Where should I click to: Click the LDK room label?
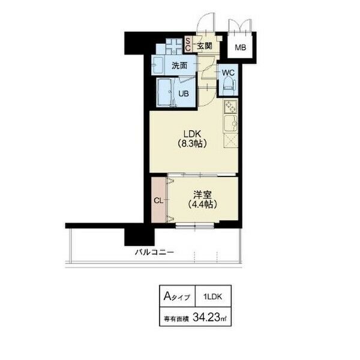[x=192, y=134]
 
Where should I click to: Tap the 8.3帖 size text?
[x=192, y=144]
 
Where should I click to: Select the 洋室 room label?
[x=202, y=195]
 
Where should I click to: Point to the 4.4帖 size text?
[x=202, y=205]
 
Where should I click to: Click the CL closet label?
[x=158, y=200]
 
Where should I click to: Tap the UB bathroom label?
[x=184, y=94]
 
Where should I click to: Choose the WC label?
[x=228, y=73]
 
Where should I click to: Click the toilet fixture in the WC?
[x=229, y=86]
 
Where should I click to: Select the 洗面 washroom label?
[x=179, y=66]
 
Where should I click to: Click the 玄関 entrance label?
[x=205, y=46]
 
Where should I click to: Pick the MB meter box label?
[x=241, y=47]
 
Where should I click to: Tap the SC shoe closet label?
[x=188, y=44]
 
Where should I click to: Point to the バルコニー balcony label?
[x=154, y=253]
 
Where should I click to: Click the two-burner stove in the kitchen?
[x=231, y=107]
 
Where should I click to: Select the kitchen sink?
[x=231, y=124]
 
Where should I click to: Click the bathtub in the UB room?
[x=165, y=92]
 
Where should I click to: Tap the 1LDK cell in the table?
[x=212, y=296]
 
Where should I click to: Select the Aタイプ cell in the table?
[x=177, y=296]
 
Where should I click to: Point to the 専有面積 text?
[x=176, y=319]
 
